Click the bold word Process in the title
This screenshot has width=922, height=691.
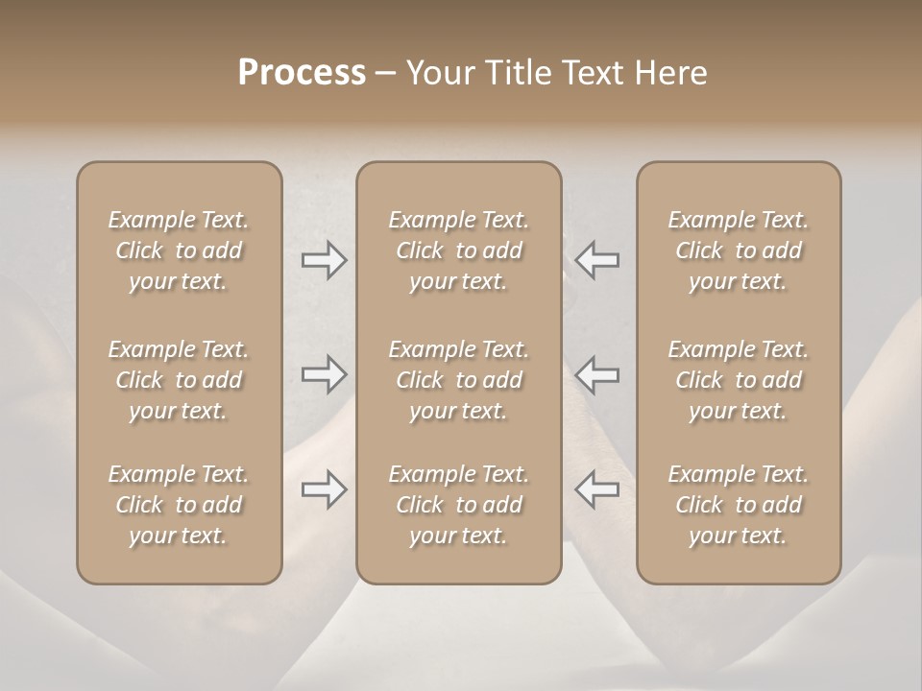click(x=302, y=73)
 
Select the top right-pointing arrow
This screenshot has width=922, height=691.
click(x=325, y=260)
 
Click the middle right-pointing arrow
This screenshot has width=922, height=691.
click(x=325, y=374)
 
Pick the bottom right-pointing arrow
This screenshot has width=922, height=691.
click(x=325, y=489)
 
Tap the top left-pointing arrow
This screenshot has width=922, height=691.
click(x=596, y=260)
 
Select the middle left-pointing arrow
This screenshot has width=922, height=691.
click(x=596, y=374)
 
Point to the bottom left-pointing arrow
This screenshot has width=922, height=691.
click(x=596, y=489)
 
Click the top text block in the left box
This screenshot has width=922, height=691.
click(x=179, y=250)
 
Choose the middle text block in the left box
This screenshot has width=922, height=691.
click(x=179, y=380)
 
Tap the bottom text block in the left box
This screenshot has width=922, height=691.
click(x=179, y=505)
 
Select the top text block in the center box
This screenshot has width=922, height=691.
click(x=459, y=250)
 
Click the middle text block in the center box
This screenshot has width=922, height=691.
click(x=459, y=380)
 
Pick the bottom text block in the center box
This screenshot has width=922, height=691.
click(x=459, y=505)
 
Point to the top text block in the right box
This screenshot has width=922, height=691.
click(x=739, y=250)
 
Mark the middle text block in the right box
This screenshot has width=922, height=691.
click(x=739, y=380)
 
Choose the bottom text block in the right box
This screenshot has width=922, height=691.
click(x=739, y=505)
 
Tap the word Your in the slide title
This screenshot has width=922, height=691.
click(x=438, y=73)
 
